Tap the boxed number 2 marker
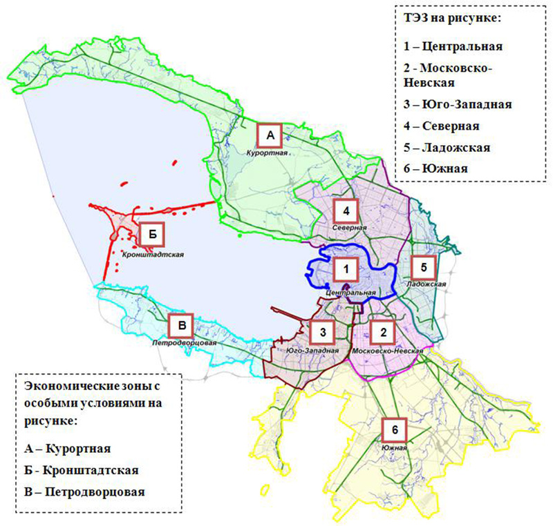click(382, 332)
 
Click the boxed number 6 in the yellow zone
click(394, 429)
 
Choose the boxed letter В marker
click(181, 324)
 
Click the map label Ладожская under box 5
click(424, 284)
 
